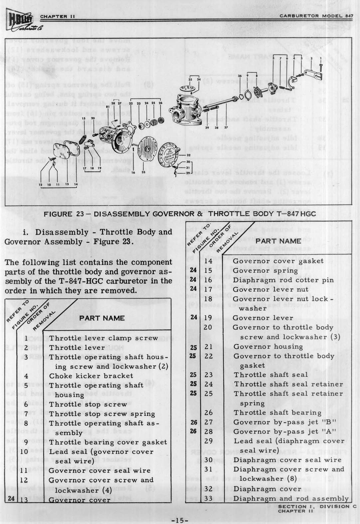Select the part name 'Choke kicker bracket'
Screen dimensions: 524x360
tap(91, 376)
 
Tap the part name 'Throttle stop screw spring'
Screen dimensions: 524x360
tap(102, 414)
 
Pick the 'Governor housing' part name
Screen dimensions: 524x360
tap(268, 347)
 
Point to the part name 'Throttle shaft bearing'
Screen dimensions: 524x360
tap(277, 413)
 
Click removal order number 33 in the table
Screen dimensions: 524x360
tap(208, 498)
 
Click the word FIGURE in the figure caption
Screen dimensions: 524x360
tap(67, 214)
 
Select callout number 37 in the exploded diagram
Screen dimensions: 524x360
tap(226, 128)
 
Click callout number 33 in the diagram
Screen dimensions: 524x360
tap(143, 172)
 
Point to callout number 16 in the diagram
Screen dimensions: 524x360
tap(133, 172)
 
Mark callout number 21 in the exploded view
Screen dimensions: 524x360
tap(108, 107)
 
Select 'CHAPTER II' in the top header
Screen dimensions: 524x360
tap(54, 17)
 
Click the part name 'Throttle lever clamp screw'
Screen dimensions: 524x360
tap(103, 338)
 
